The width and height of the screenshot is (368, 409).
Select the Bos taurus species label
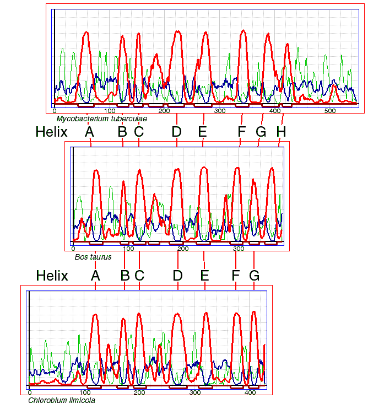click(93, 257)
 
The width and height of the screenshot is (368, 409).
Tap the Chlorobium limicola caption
click(61, 401)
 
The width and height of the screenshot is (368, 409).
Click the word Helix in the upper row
click(51, 132)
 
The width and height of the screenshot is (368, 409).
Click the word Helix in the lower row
click(52, 276)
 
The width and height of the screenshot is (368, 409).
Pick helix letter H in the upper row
click(281, 132)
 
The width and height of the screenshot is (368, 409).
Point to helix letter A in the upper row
click(89, 132)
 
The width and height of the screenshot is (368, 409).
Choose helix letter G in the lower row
click(254, 276)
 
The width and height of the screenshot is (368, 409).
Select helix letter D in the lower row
click(177, 276)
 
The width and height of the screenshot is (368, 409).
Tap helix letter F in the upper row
click(241, 132)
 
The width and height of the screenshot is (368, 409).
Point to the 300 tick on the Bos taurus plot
click(239, 249)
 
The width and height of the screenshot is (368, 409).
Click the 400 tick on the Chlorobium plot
click(250, 392)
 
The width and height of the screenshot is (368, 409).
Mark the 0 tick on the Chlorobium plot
click(29, 392)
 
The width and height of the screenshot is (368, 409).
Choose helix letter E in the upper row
click(202, 132)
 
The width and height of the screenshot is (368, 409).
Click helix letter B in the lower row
click(125, 276)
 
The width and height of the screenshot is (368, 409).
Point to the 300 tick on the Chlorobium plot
click(194, 392)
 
